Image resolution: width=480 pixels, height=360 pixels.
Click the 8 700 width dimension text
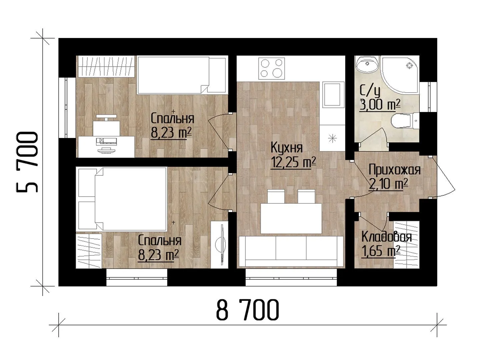pyautogui.click(x=248, y=310)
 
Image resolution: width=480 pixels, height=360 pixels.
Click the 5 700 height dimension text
pyautogui.click(x=27, y=162)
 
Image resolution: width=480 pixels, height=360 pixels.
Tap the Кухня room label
pyautogui.click(x=287, y=148)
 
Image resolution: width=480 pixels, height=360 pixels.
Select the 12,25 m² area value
pyautogui.click(x=293, y=163)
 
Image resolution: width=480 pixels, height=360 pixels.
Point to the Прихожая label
pyautogui.click(x=394, y=170)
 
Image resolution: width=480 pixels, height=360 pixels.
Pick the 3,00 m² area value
pyautogui.click(x=380, y=105)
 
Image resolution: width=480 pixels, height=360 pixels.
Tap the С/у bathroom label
pyautogui.click(x=370, y=92)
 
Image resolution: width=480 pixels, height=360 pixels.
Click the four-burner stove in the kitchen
pyautogui.click(x=272, y=68)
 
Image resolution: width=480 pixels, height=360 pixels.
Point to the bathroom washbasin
pyautogui.click(x=367, y=63)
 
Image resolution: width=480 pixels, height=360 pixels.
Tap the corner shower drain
pyautogui.click(x=409, y=66)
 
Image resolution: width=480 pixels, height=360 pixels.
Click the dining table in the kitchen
pyautogui.click(x=291, y=218)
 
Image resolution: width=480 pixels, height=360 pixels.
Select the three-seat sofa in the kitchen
pyautogui.click(x=291, y=252)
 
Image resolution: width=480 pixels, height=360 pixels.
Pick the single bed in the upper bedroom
pyautogui.click(x=181, y=75)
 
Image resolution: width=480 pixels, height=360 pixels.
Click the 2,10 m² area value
pyautogui.click(x=388, y=184)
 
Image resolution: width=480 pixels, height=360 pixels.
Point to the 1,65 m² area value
pyautogui.click(x=381, y=251)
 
